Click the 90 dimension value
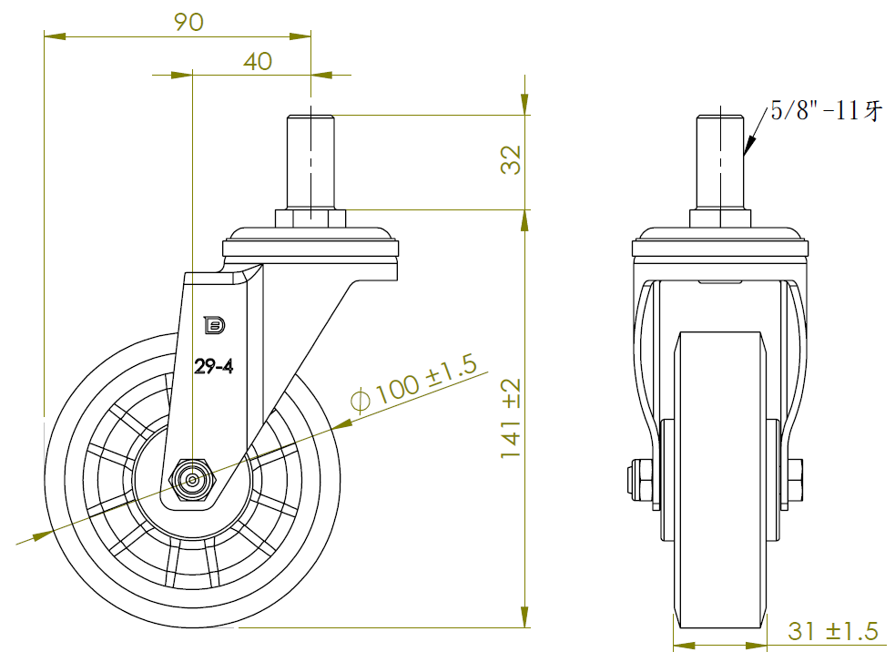coord(188,22)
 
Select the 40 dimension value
coord(258,62)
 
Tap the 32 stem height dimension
coord(511,159)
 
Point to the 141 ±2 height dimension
coord(511,418)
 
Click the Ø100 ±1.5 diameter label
coord(413,382)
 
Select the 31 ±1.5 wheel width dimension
coord(833,631)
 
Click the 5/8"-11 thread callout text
coord(826,110)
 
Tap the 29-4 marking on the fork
coord(213,366)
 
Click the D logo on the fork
coord(215,325)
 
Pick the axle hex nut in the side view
coord(193,480)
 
